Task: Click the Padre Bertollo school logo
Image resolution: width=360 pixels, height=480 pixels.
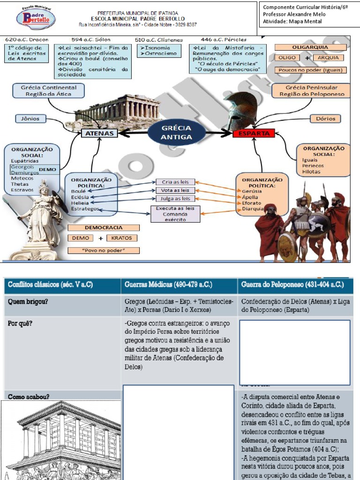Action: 36,18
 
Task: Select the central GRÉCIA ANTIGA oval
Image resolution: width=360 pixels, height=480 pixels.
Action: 176,133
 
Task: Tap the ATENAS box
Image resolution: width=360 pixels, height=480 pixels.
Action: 100,134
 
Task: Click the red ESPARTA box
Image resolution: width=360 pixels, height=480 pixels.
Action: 254,134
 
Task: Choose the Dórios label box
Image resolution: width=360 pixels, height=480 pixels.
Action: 325,119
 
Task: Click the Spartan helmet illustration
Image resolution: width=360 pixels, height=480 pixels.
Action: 241,109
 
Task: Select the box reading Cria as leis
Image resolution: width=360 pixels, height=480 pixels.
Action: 175,182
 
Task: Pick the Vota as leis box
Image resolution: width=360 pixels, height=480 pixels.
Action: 175,190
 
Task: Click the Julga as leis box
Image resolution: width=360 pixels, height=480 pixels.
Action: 175,198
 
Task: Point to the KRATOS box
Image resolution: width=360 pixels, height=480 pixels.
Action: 121,238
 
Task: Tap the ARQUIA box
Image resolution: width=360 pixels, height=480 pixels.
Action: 328,58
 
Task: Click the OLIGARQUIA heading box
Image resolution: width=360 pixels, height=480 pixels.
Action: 310,47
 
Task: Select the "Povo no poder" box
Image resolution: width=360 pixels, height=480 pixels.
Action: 104,250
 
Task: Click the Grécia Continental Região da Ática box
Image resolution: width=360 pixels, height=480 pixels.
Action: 49,90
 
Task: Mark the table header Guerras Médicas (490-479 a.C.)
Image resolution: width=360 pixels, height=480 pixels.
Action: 168,285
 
